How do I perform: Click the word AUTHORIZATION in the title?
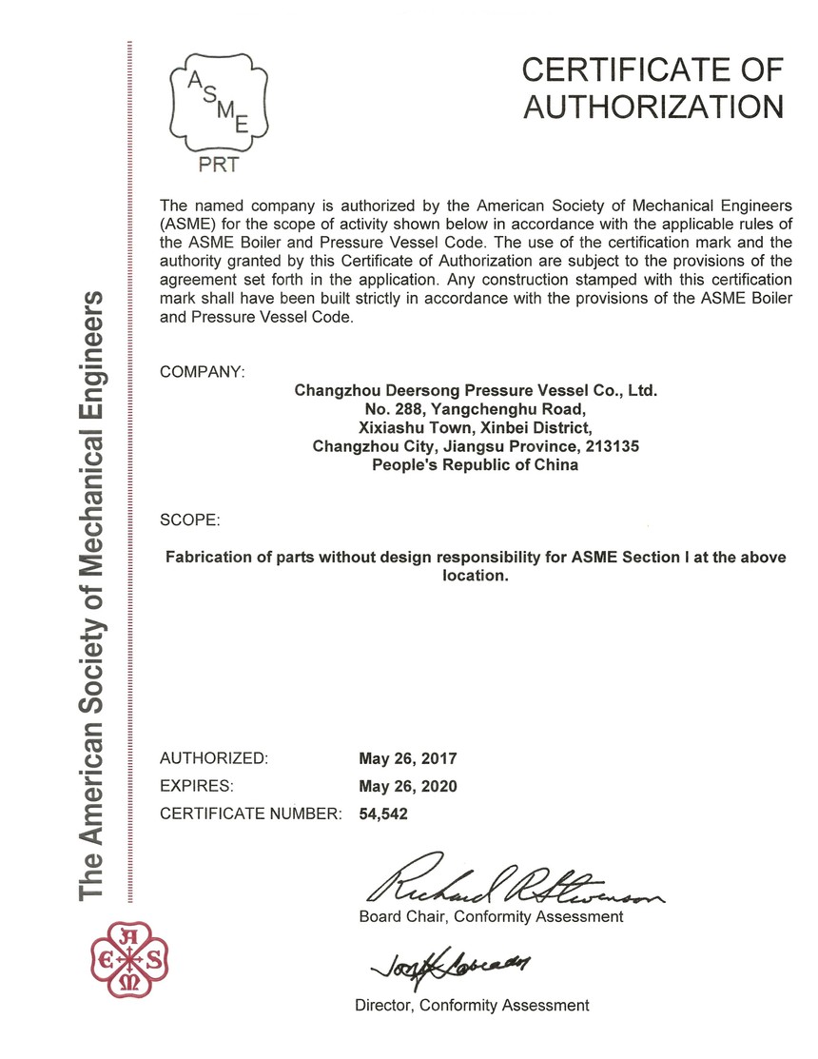654,107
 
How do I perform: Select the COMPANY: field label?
203,371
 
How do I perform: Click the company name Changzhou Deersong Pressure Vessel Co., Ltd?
476,390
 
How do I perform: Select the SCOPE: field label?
190,520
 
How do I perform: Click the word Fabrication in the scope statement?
211,558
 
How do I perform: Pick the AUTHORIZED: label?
215,758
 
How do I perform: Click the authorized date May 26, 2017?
408,759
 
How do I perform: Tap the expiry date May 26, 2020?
408,786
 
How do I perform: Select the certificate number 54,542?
383,814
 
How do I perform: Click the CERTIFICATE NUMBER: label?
250,814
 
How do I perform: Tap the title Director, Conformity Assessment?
472,1005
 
